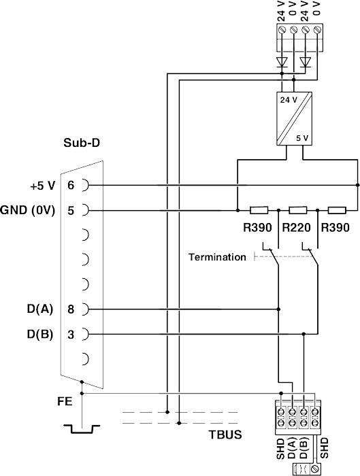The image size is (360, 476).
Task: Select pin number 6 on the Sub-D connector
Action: tap(71, 185)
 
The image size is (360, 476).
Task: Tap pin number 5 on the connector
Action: tap(71, 210)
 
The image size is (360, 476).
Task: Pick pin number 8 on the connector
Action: tap(71, 309)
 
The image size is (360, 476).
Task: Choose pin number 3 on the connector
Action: tap(71, 334)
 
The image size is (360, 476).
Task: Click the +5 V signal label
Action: tap(42, 185)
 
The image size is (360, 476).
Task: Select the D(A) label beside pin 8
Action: tap(38, 309)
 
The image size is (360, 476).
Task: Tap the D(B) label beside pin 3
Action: tap(38, 334)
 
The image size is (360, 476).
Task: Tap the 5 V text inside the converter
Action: tap(302, 138)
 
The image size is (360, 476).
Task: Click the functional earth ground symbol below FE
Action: tap(82, 428)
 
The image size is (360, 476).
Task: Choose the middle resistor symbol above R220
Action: tap(298, 210)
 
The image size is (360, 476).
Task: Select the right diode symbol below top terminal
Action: tap(306, 63)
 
